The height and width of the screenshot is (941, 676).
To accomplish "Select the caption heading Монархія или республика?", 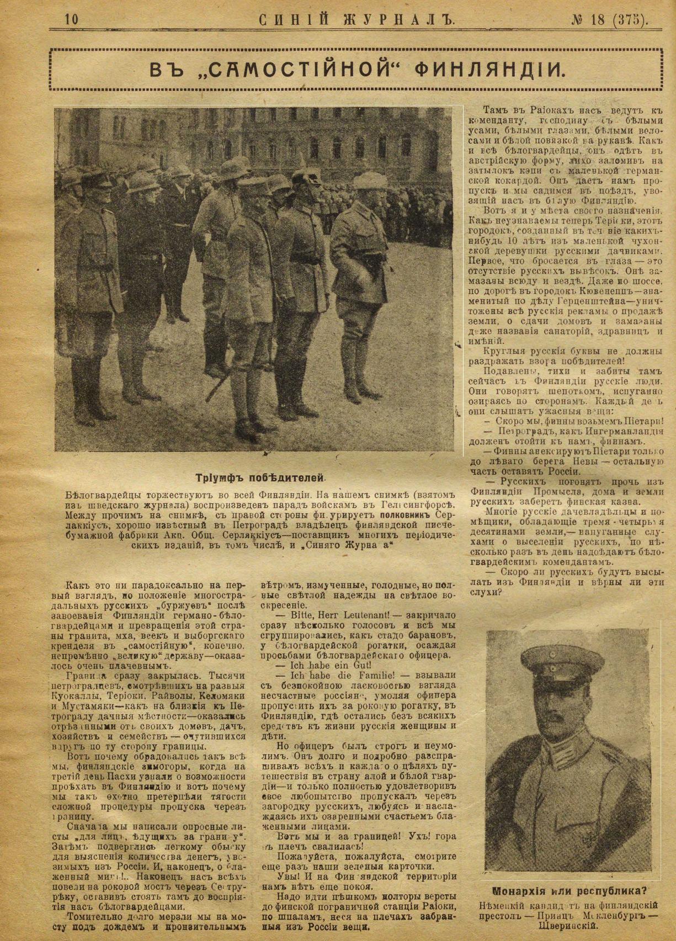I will pyautogui.click(x=570, y=890).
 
